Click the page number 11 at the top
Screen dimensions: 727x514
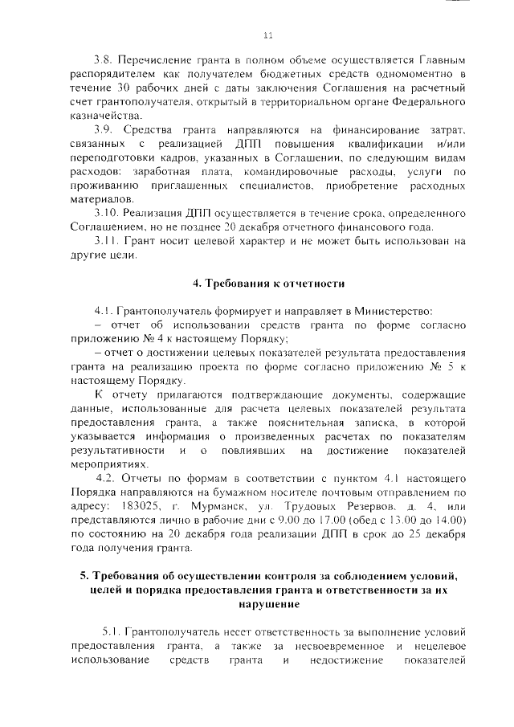tap(268, 34)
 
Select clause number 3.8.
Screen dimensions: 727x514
tap(104, 60)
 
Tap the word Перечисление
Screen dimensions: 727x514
tap(159, 60)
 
